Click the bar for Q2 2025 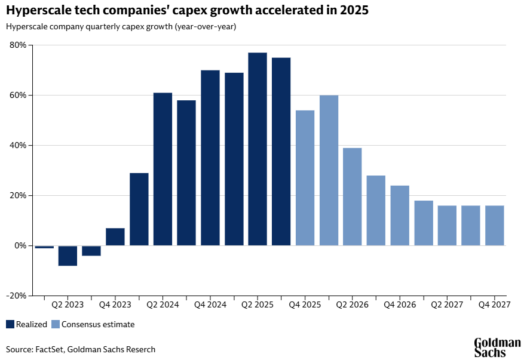[x=258, y=149]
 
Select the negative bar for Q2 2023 [x=68, y=256]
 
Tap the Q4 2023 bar [x=115, y=236]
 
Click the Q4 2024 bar [x=210, y=158]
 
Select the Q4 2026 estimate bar [x=400, y=216]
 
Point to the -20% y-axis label [x=16, y=296]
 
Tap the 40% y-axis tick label [x=18, y=146]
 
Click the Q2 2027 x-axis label [x=447, y=304]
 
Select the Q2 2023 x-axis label [x=68, y=304]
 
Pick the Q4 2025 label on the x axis [x=305, y=304]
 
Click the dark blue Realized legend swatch [x=10, y=324]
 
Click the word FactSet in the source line [x=50, y=349]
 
